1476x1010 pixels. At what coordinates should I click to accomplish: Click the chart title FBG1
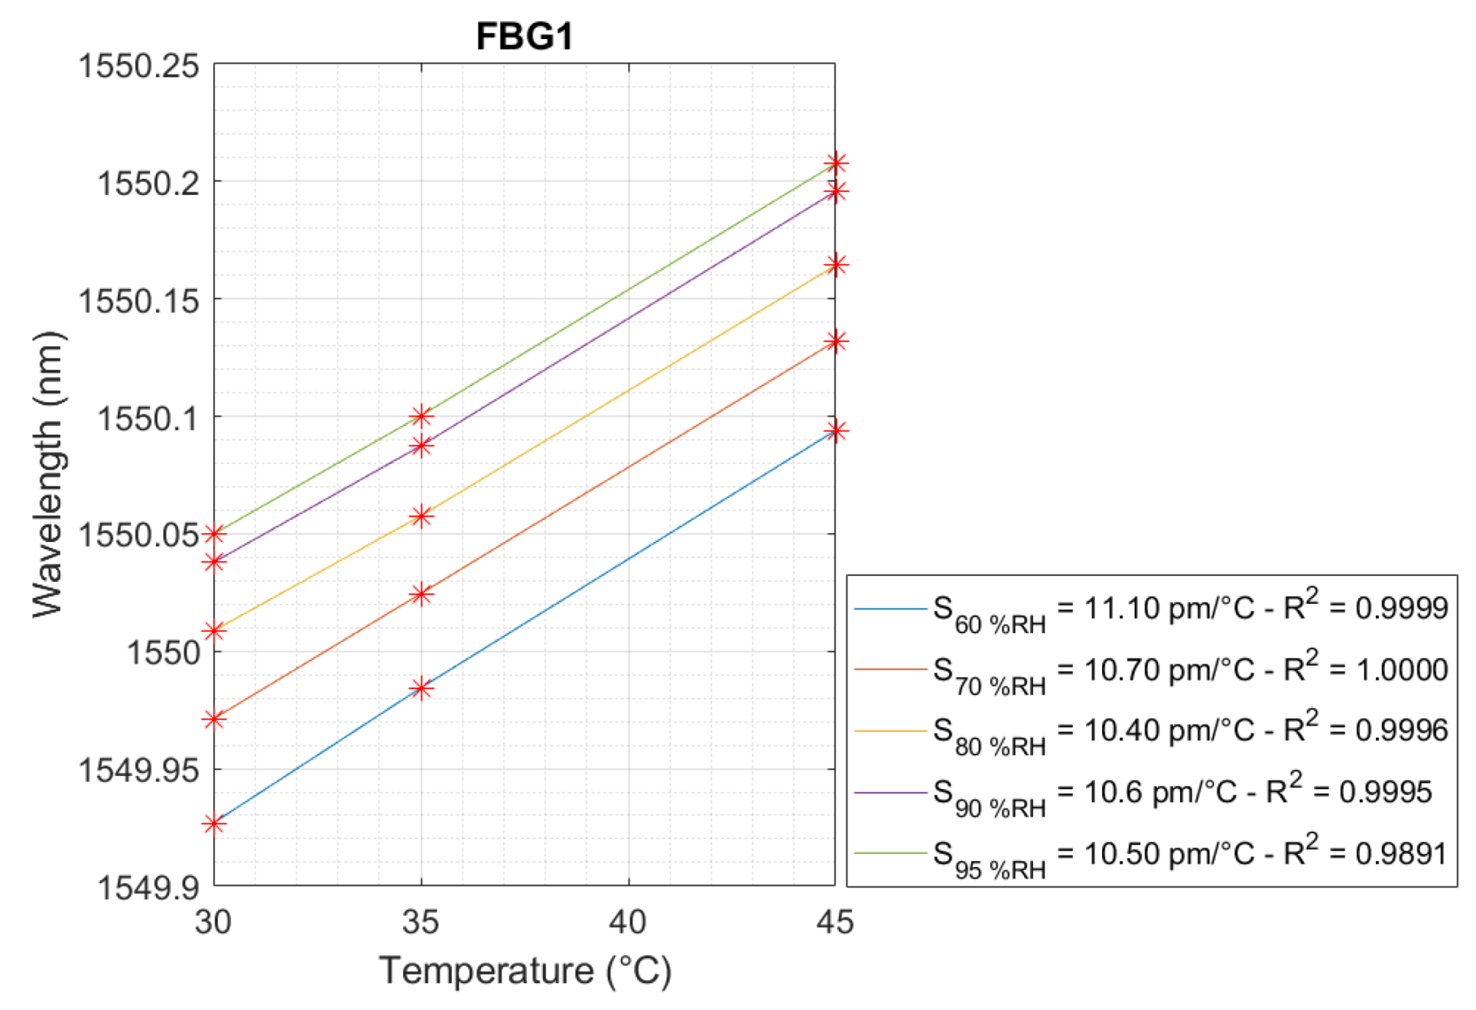tap(524, 37)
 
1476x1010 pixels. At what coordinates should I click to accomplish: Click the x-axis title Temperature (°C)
tap(525, 970)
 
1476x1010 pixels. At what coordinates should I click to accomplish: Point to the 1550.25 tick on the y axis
tap(138, 65)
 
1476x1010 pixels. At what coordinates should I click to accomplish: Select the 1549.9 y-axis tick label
tap(147, 886)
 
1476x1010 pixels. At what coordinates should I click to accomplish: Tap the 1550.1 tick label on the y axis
tap(147, 418)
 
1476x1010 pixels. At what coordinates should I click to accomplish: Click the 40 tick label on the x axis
tap(627, 921)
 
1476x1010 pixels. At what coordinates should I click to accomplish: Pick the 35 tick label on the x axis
tap(420, 921)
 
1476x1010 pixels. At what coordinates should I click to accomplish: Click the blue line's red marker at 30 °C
tap(214, 824)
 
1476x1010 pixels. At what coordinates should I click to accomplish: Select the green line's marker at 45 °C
tap(836, 163)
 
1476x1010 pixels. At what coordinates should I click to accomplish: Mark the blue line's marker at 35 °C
tap(421, 688)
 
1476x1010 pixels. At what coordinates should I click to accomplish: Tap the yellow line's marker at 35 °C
tap(421, 516)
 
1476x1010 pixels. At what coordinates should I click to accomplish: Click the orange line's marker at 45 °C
tap(836, 340)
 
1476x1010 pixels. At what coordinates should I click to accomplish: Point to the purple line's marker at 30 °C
tap(214, 561)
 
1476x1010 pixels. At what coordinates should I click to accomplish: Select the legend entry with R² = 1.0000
tap(1151, 670)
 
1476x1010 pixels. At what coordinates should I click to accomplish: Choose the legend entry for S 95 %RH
tap(1151, 854)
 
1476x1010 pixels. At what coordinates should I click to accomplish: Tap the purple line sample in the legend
tap(890, 792)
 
